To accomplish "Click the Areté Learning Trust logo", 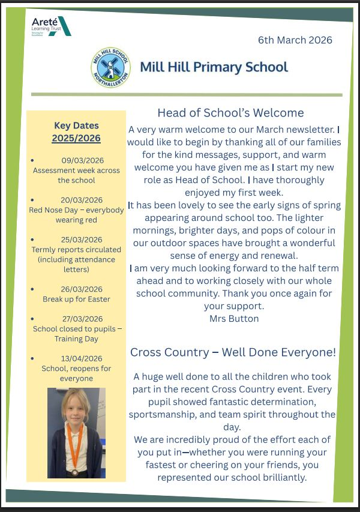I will pos(51,26).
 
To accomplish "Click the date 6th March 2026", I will pos(295,40).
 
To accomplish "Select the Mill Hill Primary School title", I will pos(214,67).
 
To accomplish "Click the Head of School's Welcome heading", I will pos(230,113).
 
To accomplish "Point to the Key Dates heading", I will pos(76,125).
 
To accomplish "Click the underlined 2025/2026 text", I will pos(76,138).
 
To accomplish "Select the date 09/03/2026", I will pos(82,160).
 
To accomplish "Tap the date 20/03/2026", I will pos(82,200).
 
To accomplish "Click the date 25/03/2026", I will pos(82,239).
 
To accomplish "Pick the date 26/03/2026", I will pos(82,289).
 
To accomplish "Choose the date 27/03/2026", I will pos(82,319).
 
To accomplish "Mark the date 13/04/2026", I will pos(82,358).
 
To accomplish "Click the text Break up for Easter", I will pos(76,299).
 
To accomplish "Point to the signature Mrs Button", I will pos(234,319).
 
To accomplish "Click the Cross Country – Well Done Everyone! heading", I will pos(233,352).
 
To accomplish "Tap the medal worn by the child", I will pos(76,472).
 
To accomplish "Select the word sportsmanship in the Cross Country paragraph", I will pos(166,414).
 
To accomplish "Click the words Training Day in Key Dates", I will pos(76,339).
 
